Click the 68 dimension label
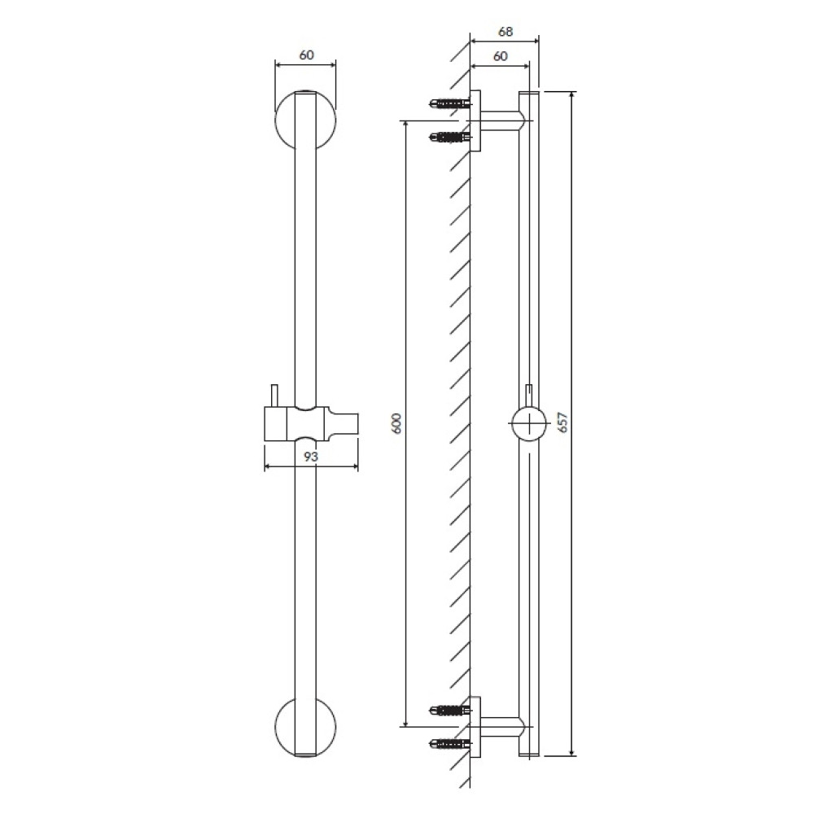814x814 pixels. pyautogui.click(x=505, y=32)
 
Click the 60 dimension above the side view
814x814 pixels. pyautogui.click(x=500, y=56)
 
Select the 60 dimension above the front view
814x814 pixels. pyautogui.click(x=307, y=55)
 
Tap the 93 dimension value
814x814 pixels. pyautogui.click(x=310, y=457)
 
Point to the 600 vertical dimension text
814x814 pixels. pyautogui.click(x=397, y=423)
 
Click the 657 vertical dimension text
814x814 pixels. pyautogui.click(x=562, y=422)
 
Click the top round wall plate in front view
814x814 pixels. pyautogui.click(x=279, y=120)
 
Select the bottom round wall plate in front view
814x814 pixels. pyautogui.click(x=279, y=726)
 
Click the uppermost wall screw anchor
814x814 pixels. pyautogui.click(x=451, y=104)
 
